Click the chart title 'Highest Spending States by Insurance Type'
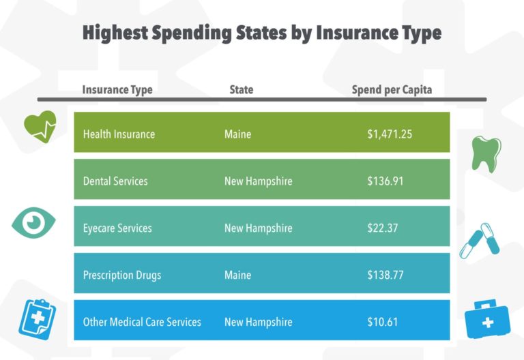pos(262,33)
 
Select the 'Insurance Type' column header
pos(117,90)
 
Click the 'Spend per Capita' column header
pos(392,90)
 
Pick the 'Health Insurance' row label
pos(119,134)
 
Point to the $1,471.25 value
pos(389,134)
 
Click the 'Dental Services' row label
pos(115,181)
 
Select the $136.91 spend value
pos(385,181)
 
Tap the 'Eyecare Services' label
pos(117,228)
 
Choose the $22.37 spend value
pos(383,228)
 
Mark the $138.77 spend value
pos(385,275)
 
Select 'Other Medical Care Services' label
pos(142,322)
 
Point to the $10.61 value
pos(383,322)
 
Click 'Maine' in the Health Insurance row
pos(237,134)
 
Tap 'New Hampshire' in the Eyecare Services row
pos(258,228)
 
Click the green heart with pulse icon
pos(40,125)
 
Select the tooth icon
pos(486,153)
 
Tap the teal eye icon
pos(33,222)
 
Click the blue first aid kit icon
pos(487,318)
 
